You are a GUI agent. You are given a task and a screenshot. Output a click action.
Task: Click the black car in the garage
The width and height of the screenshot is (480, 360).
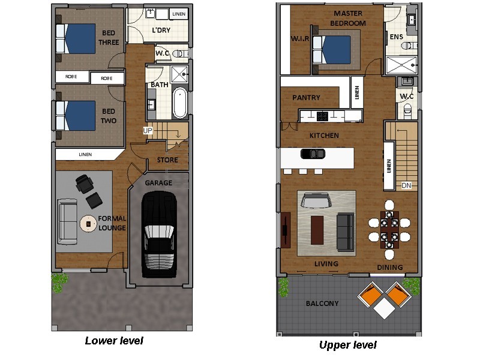(x=158, y=234)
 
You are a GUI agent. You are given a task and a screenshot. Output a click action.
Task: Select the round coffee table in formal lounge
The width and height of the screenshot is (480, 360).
(x=89, y=223)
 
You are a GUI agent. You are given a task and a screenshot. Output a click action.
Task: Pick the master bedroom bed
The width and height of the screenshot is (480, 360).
(x=333, y=49)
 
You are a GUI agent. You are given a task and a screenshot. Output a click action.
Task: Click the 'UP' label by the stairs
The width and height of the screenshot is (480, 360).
(x=147, y=130)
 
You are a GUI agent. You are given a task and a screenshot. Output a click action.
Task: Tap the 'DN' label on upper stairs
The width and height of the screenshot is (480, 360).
(x=406, y=185)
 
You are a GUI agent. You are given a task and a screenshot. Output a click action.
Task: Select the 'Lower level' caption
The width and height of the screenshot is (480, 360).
(x=114, y=341)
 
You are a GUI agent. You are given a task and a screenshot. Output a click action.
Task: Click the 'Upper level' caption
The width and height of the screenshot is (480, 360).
(x=347, y=345)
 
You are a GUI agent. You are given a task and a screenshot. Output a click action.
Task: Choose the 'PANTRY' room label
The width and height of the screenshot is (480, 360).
(x=306, y=98)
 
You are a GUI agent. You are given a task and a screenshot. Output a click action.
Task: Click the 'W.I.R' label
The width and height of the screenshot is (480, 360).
(x=299, y=40)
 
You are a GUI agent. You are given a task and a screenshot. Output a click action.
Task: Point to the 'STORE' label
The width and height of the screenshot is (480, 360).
(x=167, y=160)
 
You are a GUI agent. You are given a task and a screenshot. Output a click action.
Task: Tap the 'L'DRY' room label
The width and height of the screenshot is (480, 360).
(x=160, y=30)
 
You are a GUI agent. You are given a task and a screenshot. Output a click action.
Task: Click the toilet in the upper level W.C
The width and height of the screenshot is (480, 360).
(x=407, y=108)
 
